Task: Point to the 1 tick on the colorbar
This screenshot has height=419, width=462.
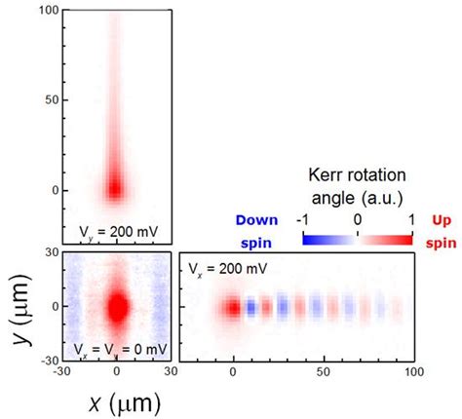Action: click(x=412, y=221)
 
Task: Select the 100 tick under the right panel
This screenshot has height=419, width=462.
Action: click(x=413, y=371)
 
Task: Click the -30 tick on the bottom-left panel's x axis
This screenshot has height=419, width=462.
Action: click(x=63, y=371)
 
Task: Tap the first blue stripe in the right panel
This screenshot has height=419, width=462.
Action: click(x=250, y=309)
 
